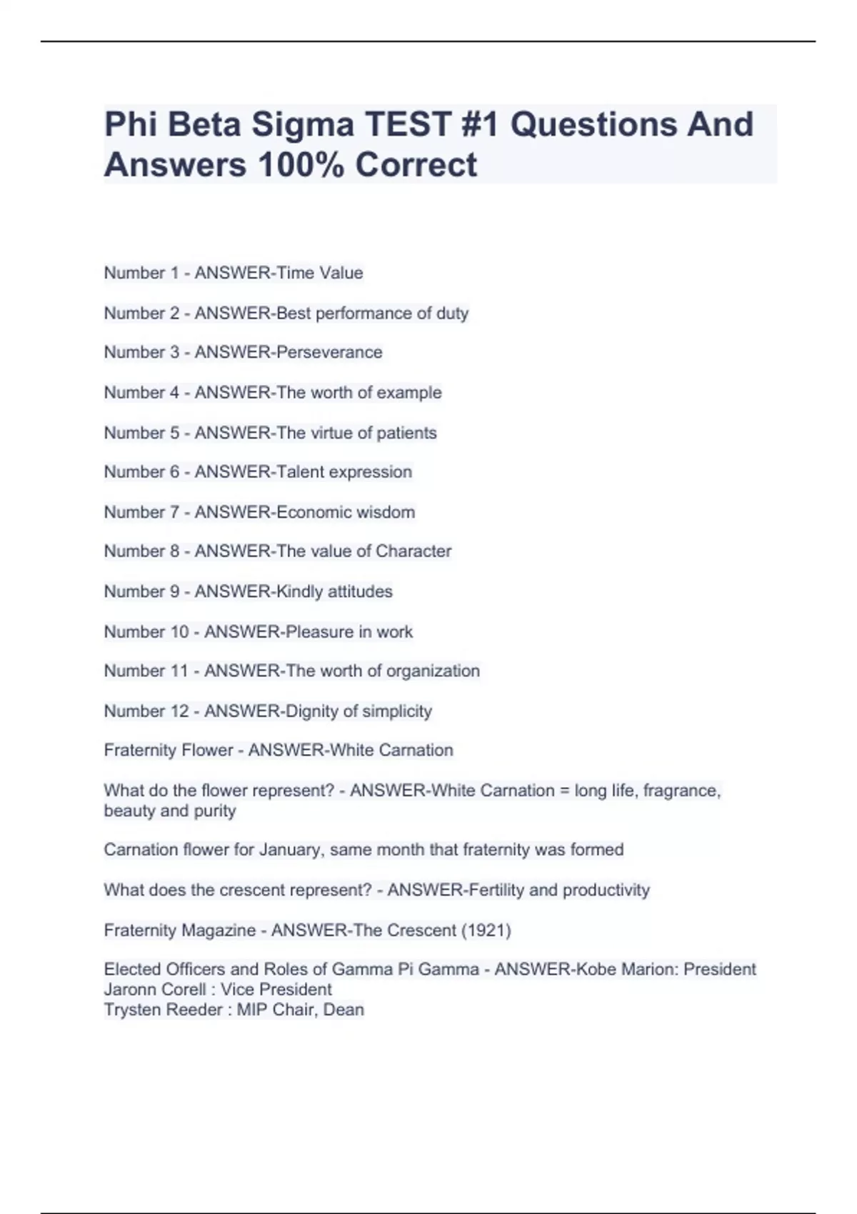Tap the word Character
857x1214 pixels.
tap(414, 551)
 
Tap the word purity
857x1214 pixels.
tap(215, 811)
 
